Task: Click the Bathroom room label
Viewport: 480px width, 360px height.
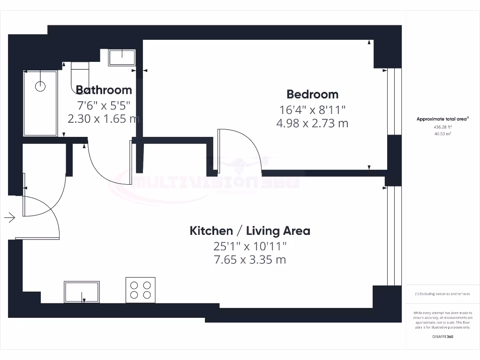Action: click(x=104, y=90)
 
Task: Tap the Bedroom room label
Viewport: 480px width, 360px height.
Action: click(x=312, y=94)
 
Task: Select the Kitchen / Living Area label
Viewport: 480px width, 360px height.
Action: click(x=249, y=231)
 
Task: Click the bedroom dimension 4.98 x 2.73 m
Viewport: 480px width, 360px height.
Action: click(x=312, y=124)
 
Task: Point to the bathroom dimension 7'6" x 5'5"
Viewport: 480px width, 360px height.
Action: click(x=104, y=105)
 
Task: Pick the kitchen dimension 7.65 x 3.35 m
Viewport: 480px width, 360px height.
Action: click(x=249, y=260)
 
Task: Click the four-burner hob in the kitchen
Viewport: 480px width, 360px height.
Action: click(x=141, y=290)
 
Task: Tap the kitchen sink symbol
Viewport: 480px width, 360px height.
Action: click(x=82, y=292)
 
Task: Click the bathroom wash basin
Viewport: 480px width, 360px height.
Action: click(x=122, y=58)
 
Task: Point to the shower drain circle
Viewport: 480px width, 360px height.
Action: click(x=41, y=86)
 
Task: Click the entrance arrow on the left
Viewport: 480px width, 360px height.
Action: click(x=10, y=217)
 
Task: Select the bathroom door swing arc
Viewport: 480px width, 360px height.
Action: click(x=105, y=166)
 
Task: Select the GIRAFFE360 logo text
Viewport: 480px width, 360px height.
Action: click(x=442, y=337)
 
